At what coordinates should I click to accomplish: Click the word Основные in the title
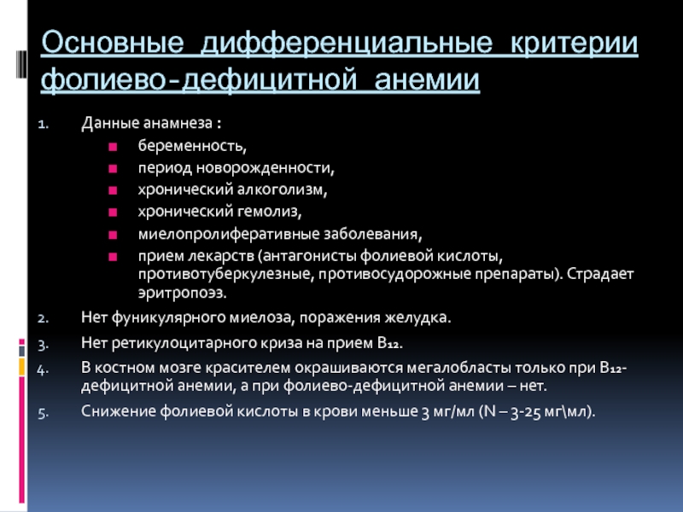113,44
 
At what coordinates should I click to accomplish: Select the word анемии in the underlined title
427,79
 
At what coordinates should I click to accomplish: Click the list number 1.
44,125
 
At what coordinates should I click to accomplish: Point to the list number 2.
44,318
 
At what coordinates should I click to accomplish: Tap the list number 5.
44,413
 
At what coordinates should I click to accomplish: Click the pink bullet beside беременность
113,147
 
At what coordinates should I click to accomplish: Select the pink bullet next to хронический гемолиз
113,212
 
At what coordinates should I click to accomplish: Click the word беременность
192,145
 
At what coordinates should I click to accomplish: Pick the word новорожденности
265,167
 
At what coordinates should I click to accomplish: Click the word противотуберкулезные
226,274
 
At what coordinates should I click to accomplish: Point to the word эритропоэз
183,293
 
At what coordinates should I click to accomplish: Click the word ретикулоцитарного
184,344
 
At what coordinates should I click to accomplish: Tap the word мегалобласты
459,369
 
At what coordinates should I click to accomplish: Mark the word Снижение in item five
119,411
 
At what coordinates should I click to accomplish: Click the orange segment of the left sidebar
22,367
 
